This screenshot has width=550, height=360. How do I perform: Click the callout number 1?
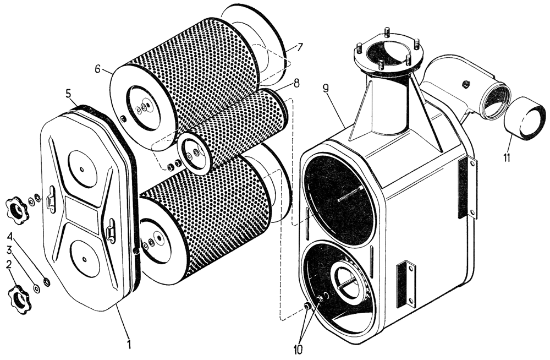pyautogui.click(x=129, y=345)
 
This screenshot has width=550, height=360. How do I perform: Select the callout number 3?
pyautogui.click(x=9, y=250)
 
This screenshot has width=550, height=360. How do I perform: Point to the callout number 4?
pyautogui.click(x=9, y=237)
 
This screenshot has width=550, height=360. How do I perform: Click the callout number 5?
pyautogui.click(x=69, y=94)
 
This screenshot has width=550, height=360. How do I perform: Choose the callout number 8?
pyautogui.click(x=296, y=83)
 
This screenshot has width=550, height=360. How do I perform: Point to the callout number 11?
pyautogui.click(x=506, y=157)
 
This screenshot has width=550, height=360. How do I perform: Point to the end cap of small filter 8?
pyautogui.click(x=194, y=152)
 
